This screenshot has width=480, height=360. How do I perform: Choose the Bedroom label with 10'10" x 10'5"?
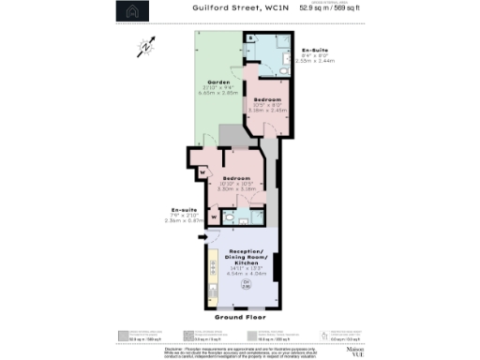coord(236,177)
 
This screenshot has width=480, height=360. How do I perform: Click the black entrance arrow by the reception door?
coord(201,236)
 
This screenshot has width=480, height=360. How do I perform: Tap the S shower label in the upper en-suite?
coord(249,40)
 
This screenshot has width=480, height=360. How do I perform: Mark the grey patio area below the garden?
coord(231,135)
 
